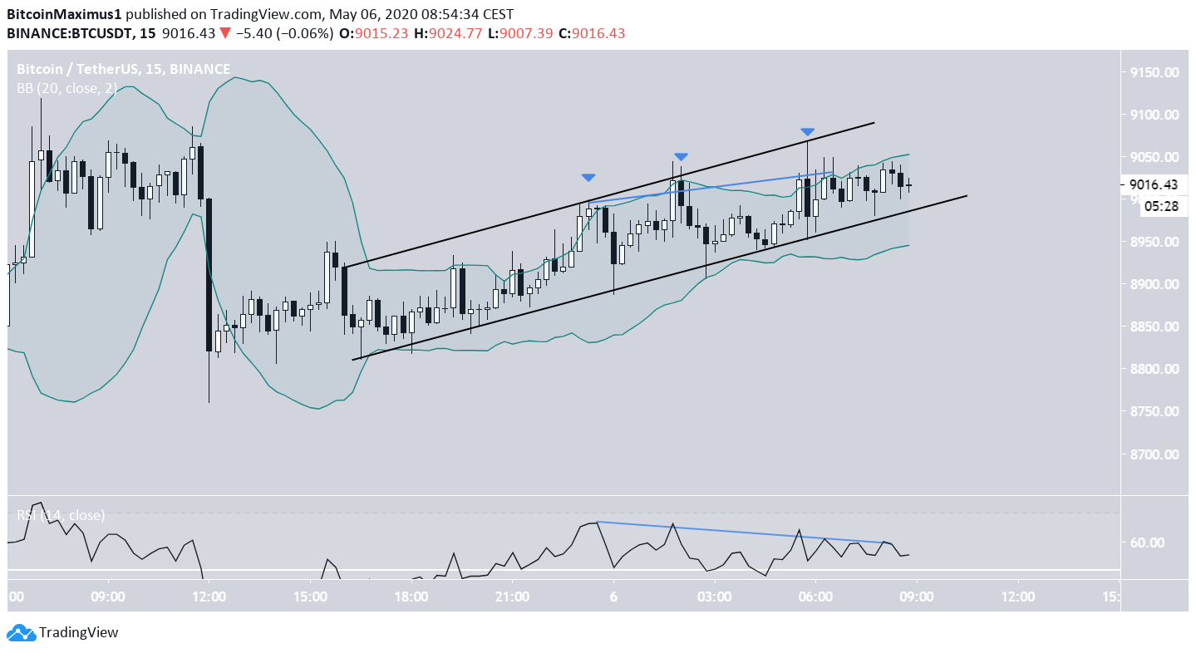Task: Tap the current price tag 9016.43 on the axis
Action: [1157, 184]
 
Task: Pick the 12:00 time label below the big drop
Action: [209, 597]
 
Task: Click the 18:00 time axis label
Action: [411, 597]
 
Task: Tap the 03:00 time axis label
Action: [714, 597]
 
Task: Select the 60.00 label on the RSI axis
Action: [1152, 543]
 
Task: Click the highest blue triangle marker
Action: [807, 132]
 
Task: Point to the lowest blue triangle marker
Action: [588, 177]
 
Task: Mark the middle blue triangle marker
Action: [681, 156]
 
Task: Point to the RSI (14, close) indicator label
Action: [61, 515]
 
